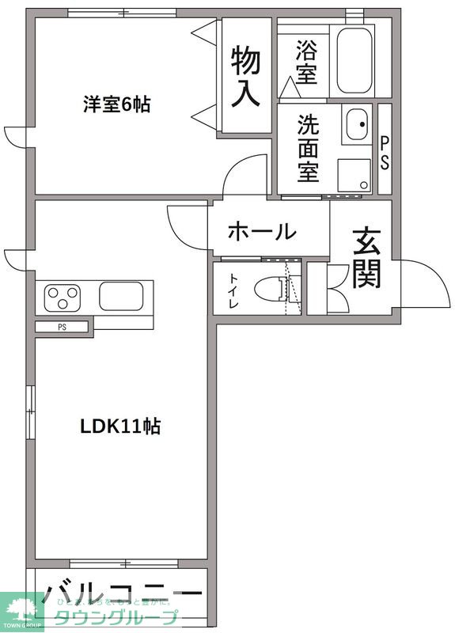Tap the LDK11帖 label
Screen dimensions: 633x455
click(120, 426)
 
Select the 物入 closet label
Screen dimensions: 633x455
click(245, 76)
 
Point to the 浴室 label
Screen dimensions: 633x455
click(306, 62)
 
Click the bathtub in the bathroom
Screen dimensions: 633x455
click(354, 61)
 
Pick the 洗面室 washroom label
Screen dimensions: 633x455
click(308, 148)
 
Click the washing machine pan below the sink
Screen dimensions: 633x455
click(355, 174)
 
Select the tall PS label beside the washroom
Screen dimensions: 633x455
click(385, 150)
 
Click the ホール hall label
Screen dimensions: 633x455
click(262, 233)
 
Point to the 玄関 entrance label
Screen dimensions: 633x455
click(366, 258)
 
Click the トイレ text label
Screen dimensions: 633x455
click(236, 290)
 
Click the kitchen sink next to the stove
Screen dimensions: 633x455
click(119, 295)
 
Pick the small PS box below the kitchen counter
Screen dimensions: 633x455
click(62, 326)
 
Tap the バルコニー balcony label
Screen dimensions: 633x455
click(123, 593)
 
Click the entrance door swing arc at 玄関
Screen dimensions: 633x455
click(419, 285)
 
